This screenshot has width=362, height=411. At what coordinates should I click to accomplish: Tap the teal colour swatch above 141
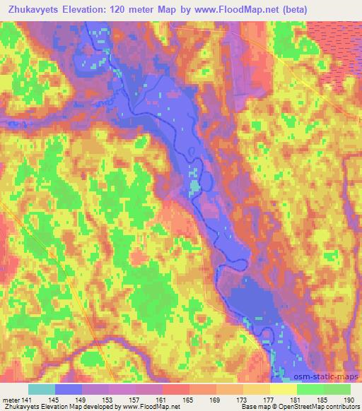coord(42,389)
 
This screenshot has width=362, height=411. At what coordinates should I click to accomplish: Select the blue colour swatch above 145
coord(69,389)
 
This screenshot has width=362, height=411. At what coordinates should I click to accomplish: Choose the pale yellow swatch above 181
coord(284,389)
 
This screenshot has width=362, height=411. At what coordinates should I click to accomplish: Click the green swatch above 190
coord(337,389)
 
